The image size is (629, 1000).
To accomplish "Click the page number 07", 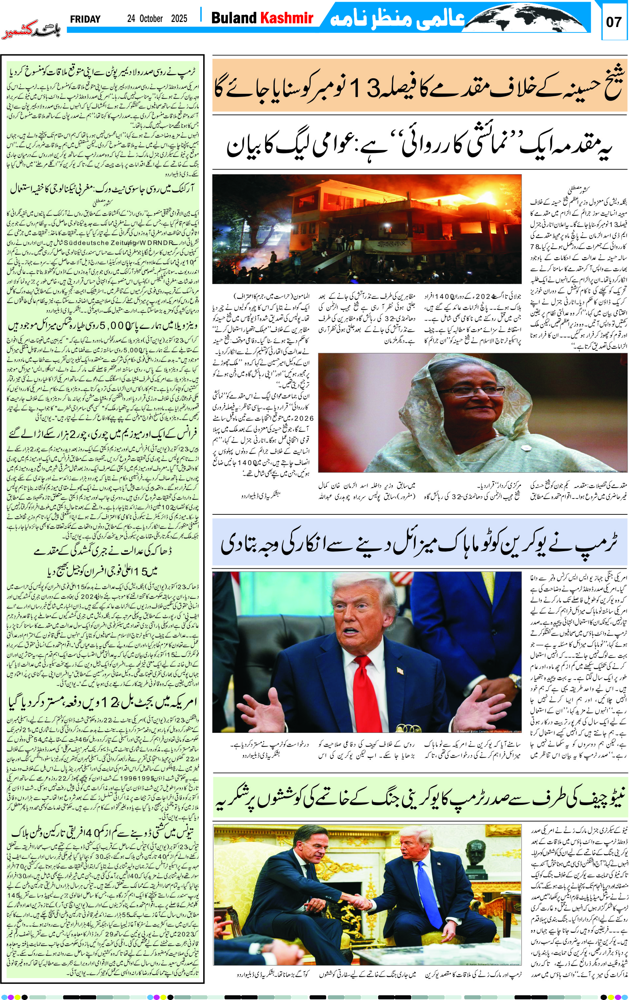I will click(614, 22).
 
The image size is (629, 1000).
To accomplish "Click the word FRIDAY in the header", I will click(85, 19).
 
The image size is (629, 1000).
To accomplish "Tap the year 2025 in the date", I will click(179, 19).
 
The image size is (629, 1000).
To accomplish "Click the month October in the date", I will click(151, 19).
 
